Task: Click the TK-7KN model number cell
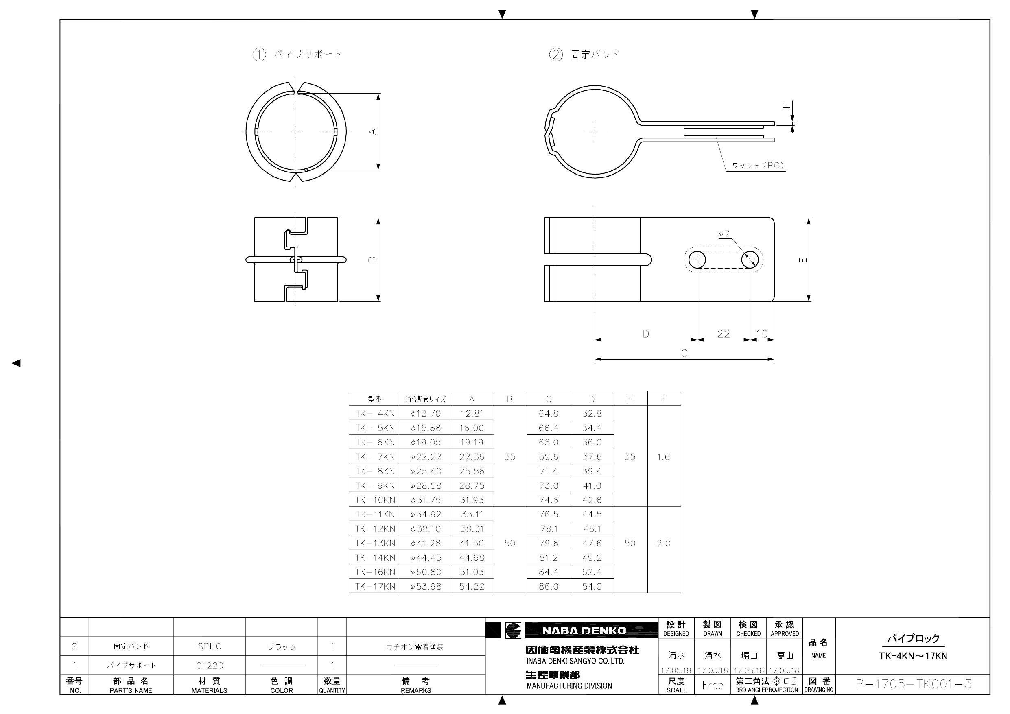pos(374,456)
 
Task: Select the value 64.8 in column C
pos(548,413)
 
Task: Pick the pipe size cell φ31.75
pos(425,500)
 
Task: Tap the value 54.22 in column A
pos(472,586)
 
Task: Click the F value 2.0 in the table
pos(663,543)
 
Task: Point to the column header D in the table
pos(592,399)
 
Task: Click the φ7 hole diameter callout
pos(724,234)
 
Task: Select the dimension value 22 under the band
pos(723,334)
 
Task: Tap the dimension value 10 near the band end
pos(761,334)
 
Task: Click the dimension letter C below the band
pos(684,353)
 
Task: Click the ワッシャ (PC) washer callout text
pos(758,166)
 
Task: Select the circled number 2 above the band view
pos(555,55)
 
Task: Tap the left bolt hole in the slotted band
pos(697,260)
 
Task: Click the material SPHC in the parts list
pos(210,646)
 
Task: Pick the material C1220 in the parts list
pos(210,666)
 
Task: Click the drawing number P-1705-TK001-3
pos(913,684)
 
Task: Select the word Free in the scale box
pos(712,685)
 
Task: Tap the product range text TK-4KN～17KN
pos(913,656)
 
